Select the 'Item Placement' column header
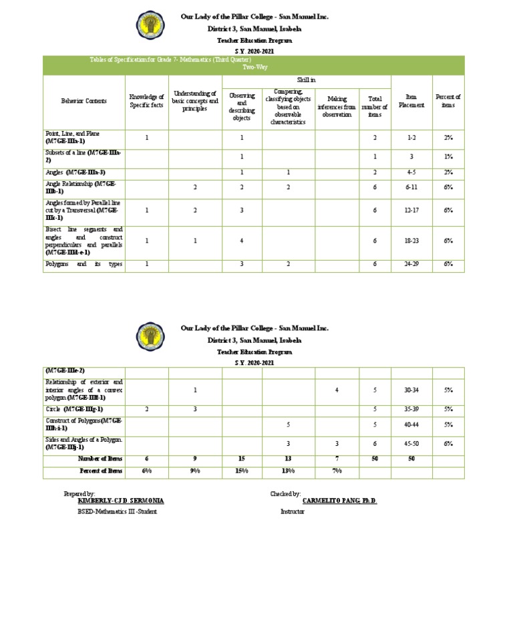(x=411, y=101)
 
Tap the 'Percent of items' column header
(x=448, y=101)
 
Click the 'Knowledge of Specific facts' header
(x=146, y=101)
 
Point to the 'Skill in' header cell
(x=306, y=80)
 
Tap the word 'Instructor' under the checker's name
(x=293, y=511)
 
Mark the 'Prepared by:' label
(x=79, y=493)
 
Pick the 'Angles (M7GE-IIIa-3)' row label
(x=75, y=172)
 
